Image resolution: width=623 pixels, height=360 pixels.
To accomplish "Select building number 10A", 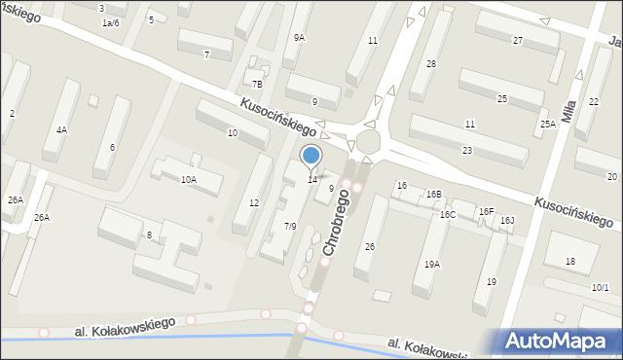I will (x=188, y=179).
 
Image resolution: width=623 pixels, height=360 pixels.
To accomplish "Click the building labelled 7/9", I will (x=289, y=226).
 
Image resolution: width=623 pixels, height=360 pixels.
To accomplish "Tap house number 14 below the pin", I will (x=311, y=180).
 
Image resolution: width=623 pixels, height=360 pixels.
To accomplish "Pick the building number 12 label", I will (x=253, y=202).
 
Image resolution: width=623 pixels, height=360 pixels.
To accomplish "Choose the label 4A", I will (x=61, y=129).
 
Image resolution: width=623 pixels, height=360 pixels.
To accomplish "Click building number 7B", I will (x=257, y=85).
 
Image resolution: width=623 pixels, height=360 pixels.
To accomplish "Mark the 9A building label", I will (x=299, y=38).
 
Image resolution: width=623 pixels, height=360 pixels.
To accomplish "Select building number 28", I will (x=430, y=63).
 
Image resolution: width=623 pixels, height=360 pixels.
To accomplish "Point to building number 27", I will (x=518, y=40).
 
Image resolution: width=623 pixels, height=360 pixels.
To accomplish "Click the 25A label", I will (x=548, y=125).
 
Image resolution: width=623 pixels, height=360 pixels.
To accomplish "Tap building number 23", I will (x=467, y=151).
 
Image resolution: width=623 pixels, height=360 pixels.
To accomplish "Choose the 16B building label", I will (x=433, y=195).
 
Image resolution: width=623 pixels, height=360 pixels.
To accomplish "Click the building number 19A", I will (x=431, y=264).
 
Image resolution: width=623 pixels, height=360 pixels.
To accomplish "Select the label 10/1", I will (x=600, y=287).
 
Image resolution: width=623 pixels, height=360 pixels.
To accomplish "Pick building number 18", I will (x=569, y=261).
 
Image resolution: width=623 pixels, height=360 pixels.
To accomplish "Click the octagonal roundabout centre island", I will (x=369, y=142).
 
